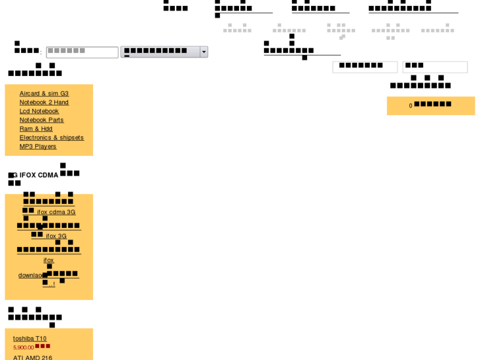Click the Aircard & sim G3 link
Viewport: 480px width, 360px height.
44,94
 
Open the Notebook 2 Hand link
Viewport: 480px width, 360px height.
44,102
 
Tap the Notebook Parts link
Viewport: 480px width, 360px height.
42,120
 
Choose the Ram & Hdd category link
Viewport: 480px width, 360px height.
36,129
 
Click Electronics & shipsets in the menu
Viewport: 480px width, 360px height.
51,137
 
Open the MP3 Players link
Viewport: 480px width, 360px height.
38,147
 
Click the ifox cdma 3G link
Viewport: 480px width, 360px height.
56,212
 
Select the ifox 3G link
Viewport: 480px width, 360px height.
56,236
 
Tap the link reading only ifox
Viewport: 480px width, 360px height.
49,260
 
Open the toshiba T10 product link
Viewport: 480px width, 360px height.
30,339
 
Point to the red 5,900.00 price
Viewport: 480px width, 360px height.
23,347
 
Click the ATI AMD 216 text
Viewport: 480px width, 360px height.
32,357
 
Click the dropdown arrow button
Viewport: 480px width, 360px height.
204,52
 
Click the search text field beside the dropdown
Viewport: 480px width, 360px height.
82,52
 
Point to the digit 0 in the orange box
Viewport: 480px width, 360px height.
411,106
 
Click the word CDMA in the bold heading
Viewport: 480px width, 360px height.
48,175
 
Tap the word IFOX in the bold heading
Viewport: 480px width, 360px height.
28,175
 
